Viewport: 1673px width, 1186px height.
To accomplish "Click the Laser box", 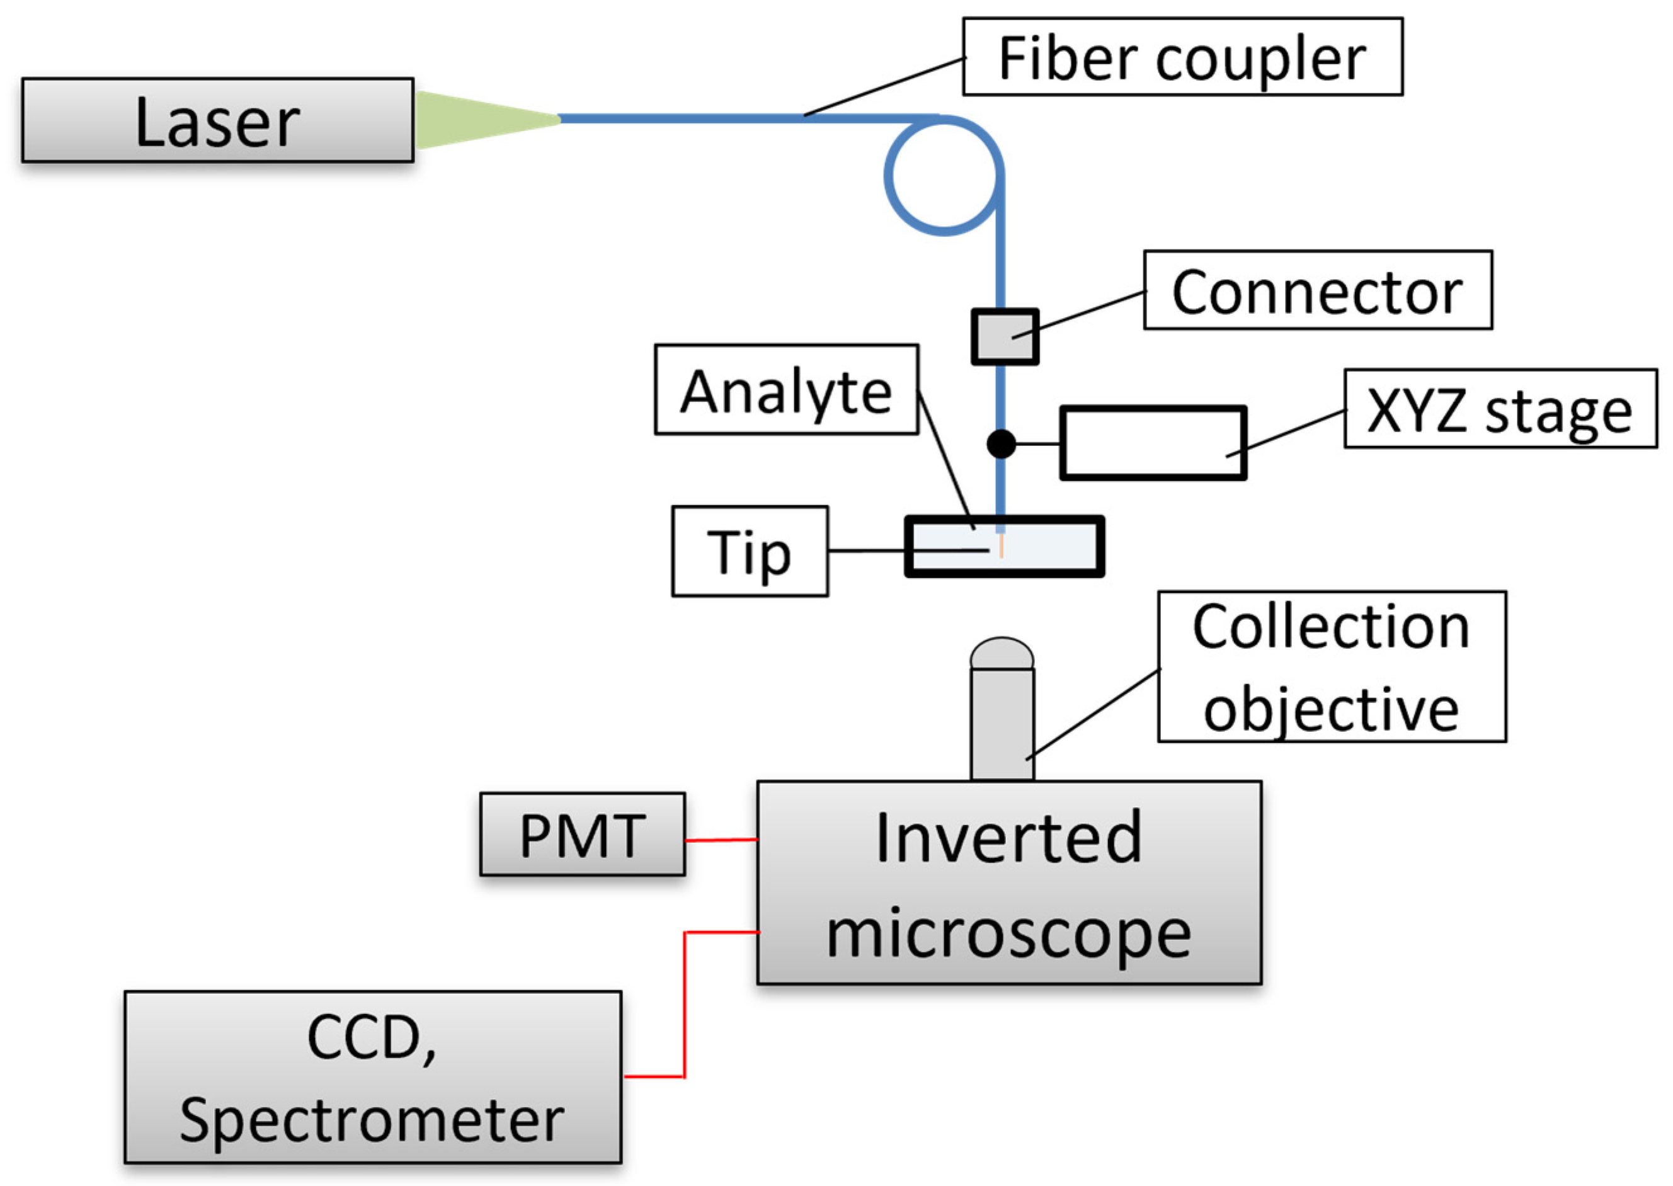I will [x=217, y=120].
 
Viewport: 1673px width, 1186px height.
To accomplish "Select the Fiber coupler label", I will [x=1182, y=57].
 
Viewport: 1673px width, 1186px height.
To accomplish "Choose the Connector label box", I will [x=1316, y=290].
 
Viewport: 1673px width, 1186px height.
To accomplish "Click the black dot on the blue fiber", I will [x=1000, y=443].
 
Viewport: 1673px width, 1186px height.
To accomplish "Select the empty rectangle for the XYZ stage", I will [x=1152, y=443].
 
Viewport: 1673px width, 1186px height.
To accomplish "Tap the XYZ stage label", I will [x=1500, y=409].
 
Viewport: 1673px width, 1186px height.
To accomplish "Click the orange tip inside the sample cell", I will [x=1001, y=546].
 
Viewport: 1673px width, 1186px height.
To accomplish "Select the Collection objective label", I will [x=1330, y=667].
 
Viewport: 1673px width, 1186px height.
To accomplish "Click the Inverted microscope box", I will [x=1008, y=883].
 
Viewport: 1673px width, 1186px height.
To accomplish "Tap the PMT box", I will [x=582, y=835].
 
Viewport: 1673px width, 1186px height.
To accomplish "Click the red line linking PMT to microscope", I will [x=721, y=840].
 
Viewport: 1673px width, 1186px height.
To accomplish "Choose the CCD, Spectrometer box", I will [x=372, y=1076].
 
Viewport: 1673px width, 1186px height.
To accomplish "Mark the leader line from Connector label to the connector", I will [x=1088, y=312].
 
